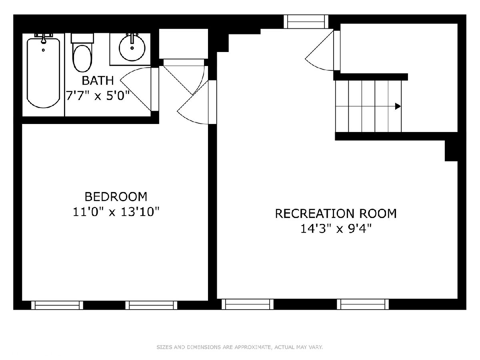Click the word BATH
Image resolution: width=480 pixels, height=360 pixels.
point(98,81)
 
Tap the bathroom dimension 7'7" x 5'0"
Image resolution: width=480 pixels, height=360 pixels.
point(98,96)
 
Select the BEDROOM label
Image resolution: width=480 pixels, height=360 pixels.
point(116,197)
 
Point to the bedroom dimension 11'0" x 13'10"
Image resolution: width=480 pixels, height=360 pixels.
point(116,212)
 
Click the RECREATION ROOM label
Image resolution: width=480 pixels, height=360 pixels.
point(336,214)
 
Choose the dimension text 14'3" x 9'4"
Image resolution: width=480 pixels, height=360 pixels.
point(336,229)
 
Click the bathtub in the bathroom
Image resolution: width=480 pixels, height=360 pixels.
point(43,73)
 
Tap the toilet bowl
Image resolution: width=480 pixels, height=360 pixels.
point(82,58)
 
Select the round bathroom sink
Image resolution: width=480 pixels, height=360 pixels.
point(132,48)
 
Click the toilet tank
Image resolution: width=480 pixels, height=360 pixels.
point(82,38)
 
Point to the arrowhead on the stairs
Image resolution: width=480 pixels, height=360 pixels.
point(398,106)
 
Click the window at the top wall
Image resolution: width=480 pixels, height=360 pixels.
point(306,22)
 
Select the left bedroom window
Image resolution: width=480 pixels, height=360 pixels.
point(57,305)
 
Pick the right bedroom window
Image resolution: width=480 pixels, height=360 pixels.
point(151,305)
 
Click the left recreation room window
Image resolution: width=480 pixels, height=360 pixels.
point(248,304)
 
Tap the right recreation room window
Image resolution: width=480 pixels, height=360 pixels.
point(363,304)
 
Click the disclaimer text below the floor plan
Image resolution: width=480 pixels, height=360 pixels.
point(240,347)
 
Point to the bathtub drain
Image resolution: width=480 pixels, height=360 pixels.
point(43,50)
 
